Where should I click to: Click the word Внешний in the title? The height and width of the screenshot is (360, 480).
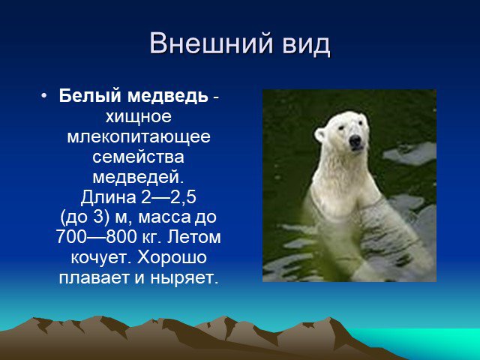211,43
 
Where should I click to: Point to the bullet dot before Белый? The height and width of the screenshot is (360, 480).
43,96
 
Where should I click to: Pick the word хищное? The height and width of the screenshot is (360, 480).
138,117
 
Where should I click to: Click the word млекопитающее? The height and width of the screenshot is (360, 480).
139,136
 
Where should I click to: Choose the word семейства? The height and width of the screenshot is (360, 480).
138,157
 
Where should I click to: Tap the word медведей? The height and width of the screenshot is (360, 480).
138,178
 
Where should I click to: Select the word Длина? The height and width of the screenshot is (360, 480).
108,197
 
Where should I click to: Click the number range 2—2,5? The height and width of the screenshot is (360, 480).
168,197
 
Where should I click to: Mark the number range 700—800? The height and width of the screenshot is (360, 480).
97,237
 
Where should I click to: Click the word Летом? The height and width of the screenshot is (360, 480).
193,237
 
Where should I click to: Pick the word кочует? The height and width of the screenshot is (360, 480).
102,258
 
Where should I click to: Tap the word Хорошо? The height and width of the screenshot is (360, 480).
172,257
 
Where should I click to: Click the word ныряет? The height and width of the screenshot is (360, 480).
184,278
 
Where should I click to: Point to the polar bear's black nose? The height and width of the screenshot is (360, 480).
355,141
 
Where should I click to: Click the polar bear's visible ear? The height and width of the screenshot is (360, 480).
319,135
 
